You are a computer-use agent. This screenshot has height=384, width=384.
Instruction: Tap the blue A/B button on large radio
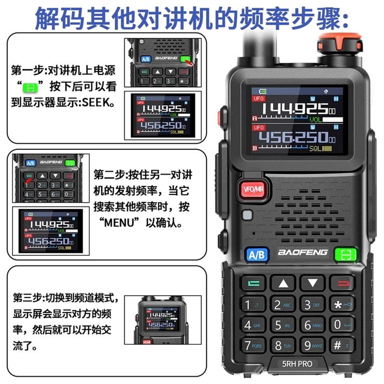[x=257, y=254]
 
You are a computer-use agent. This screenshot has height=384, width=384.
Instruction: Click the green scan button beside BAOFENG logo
[x=346, y=254]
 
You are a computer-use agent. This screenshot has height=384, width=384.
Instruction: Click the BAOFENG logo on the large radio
[x=302, y=252]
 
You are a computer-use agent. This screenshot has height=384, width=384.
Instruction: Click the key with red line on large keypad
[x=342, y=283]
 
